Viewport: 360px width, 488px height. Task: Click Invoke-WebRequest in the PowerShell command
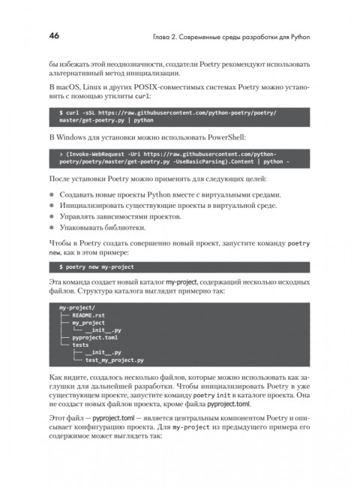click(x=96, y=152)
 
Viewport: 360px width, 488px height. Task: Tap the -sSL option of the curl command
click(x=89, y=111)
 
